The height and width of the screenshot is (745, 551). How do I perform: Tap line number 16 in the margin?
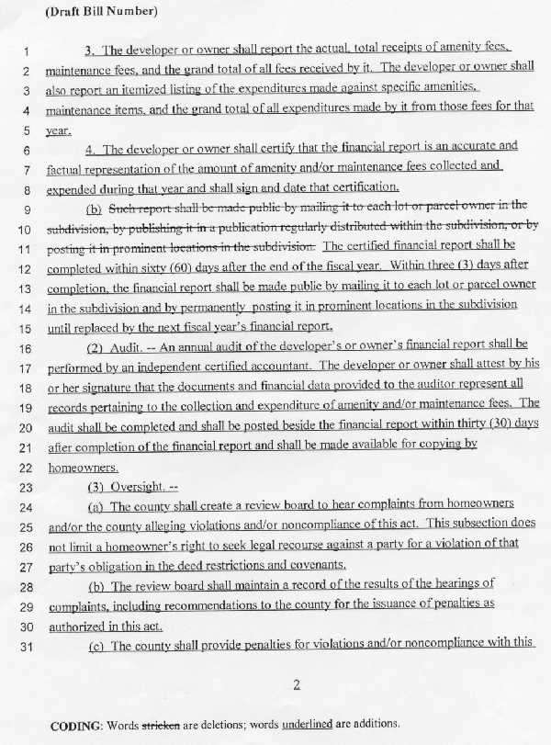[x=25, y=348]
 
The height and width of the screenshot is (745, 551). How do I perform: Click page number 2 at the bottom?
[x=296, y=683]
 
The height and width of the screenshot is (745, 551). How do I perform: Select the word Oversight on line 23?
[x=130, y=487]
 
